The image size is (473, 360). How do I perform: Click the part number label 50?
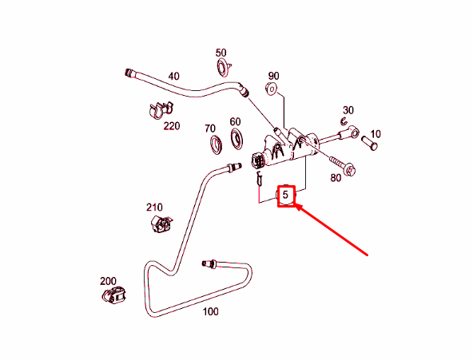click(x=221, y=53)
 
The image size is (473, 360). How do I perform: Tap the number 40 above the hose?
click(x=173, y=76)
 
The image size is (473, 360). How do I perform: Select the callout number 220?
click(x=172, y=125)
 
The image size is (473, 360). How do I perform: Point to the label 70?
click(x=210, y=129)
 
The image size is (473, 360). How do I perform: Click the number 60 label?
click(x=235, y=121)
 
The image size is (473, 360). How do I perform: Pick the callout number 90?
click(x=273, y=76)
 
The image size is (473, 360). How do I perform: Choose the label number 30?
click(x=348, y=110)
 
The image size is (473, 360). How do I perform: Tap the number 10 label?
click(x=376, y=134)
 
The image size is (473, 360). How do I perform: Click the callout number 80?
click(x=336, y=178)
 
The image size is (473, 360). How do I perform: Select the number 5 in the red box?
click(x=285, y=195)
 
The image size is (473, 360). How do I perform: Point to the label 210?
click(x=154, y=208)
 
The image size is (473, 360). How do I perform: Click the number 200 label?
click(x=108, y=281)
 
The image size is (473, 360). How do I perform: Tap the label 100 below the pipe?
click(x=210, y=311)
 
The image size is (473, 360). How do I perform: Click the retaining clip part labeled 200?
click(x=113, y=295)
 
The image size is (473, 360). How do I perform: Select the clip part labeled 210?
click(x=161, y=224)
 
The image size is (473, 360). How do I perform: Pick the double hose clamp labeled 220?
click(x=161, y=110)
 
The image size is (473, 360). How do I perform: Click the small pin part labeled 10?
click(x=369, y=143)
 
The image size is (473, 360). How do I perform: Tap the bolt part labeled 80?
click(x=343, y=166)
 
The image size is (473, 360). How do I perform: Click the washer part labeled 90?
click(x=271, y=89)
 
